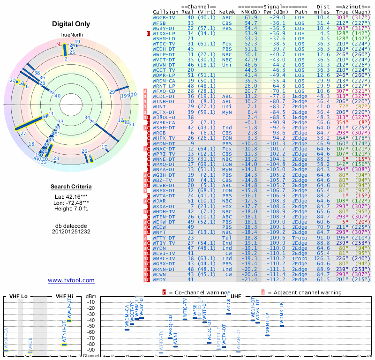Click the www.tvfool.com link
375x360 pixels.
coord(71,280)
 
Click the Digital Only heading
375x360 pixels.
coord(71,24)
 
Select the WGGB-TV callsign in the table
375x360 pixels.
coord(164,17)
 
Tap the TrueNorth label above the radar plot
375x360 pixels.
coord(71,35)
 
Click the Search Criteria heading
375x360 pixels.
coord(71,187)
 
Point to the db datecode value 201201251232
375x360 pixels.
coord(71,232)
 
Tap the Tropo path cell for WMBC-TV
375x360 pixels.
coord(301,258)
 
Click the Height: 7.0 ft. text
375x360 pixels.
coord(71,209)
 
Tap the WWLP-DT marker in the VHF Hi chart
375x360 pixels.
coord(69,321)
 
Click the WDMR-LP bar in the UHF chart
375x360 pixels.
coord(282,325)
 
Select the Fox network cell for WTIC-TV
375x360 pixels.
coord(226,43)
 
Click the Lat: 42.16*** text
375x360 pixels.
coord(71,196)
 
